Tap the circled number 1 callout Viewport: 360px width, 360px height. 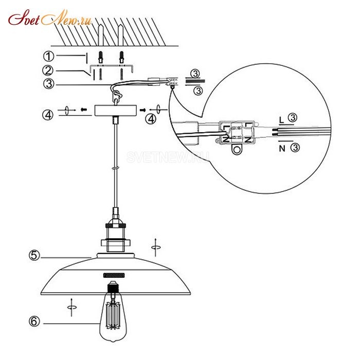click(x=49, y=56)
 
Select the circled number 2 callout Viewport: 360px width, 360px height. click(x=48, y=70)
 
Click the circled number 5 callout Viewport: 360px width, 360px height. click(x=34, y=255)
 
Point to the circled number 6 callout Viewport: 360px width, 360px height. click(x=34, y=321)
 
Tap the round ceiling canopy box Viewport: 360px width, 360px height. click(x=116, y=111)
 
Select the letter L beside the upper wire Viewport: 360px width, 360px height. click(x=281, y=120)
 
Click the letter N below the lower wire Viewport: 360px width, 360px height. click(x=282, y=149)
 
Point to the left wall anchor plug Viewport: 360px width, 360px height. click(x=101, y=57)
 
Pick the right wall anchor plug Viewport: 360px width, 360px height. click(x=122, y=57)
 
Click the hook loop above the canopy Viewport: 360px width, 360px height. click(x=117, y=94)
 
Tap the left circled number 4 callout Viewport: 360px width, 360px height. click(x=48, y=115)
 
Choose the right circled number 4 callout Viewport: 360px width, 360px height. click(x=151, y=119)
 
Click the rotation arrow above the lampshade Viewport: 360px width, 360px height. click(x=156, y=247)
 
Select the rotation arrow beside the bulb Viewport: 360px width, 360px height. click(x=71, y=307)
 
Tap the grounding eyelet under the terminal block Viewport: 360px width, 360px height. click(x=237, y=150)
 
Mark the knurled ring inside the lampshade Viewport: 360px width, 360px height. click(x=114, y=275)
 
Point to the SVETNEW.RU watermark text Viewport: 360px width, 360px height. click(x=168, y=157)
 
